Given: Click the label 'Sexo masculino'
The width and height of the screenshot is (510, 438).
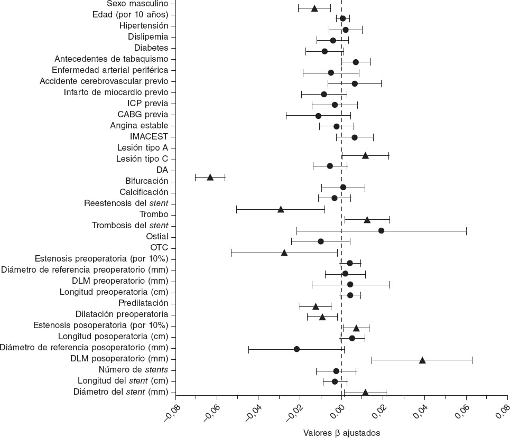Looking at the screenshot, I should [141, 4].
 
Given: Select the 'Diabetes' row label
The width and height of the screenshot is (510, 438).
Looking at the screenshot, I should [151, 48].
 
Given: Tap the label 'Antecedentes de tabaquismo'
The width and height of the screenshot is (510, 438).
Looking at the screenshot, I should [111, 59].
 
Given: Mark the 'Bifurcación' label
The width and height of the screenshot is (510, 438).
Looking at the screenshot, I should [146, 181].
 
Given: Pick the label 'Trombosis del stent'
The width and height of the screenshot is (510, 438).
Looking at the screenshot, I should [130, 226].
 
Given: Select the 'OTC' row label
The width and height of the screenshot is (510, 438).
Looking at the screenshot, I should [159, 248].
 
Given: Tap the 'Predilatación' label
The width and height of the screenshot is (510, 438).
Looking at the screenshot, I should [143, 303].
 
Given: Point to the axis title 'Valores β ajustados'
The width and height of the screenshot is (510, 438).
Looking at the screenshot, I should [341, 433].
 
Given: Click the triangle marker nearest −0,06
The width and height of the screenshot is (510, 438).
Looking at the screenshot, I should [210, 177].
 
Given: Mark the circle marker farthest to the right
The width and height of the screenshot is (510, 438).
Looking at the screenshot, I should [381, 230].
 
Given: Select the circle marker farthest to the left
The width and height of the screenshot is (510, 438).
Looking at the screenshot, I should [296, 349].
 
